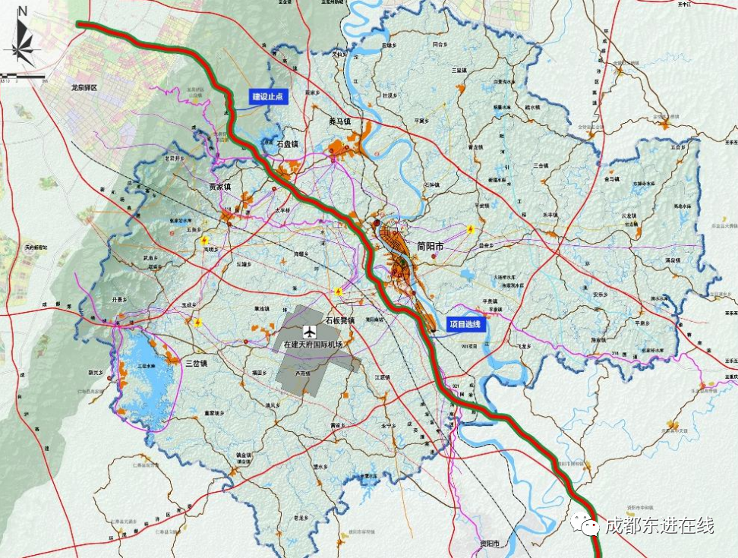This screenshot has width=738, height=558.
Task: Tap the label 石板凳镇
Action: pyautogui.click(x=340, y=321)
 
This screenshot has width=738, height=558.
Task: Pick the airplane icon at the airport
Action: pyautogui.click(x=309, y=332)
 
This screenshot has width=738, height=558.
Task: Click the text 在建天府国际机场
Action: pyautogui.click(x=313, y=345)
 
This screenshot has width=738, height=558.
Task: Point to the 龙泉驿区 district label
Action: pyautogui.click(x=84, y=88)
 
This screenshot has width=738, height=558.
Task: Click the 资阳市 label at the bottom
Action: pyautogui.click(x=488, y=545)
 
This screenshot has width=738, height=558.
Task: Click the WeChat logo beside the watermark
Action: pyautogui.click(x=585, y=525)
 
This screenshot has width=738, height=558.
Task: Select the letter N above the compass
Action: pyautogui.click(x=23, y=11)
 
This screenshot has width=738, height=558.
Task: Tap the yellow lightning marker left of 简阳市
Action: pyautogui.click(x=339, y=292)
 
